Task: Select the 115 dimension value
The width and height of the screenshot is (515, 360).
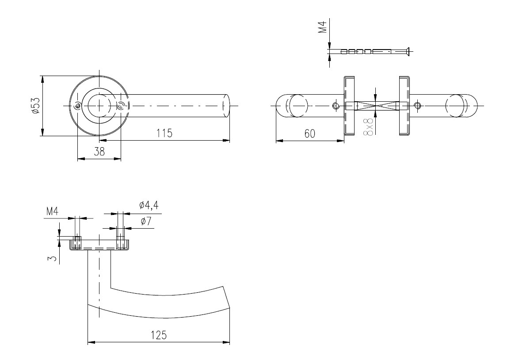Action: point(164,133)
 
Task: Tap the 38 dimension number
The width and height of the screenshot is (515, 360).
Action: point(99,151)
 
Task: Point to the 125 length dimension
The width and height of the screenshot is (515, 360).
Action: point(159,335)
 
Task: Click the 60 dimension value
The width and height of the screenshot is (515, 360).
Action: point(310,134)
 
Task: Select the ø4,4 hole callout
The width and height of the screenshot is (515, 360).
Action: point(149,205)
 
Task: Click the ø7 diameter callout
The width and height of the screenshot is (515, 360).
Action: point(146,222)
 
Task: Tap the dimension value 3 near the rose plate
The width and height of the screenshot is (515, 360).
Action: point(52,259)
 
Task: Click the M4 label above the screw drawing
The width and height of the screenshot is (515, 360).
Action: point(323,27)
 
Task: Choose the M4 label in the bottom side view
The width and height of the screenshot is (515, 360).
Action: point(52,211)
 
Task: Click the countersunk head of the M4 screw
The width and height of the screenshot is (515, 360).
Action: point(407,51)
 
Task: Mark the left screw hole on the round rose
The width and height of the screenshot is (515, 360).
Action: point(77,106)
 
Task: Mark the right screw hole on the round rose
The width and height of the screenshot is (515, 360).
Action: point(121,105)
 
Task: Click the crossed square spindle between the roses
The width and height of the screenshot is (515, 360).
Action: point(376,106)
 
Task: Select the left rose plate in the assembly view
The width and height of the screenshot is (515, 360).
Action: point(349,105)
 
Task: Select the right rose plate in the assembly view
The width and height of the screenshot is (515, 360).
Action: point(404,105)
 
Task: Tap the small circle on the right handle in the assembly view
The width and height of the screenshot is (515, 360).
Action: point(417,105)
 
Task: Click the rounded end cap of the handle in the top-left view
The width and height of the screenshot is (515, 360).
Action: point(225,106)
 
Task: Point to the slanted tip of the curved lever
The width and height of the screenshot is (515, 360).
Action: point(227,297)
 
